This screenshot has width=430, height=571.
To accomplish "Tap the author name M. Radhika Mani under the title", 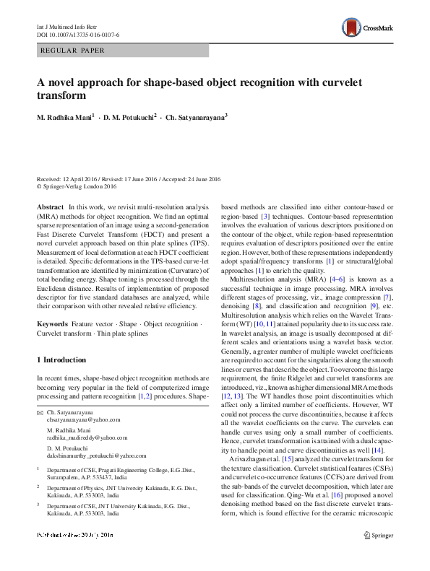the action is pos(70,116).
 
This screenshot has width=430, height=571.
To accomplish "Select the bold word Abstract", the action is pos(49,207).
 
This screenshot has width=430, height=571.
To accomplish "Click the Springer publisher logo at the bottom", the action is pos(378,556).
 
